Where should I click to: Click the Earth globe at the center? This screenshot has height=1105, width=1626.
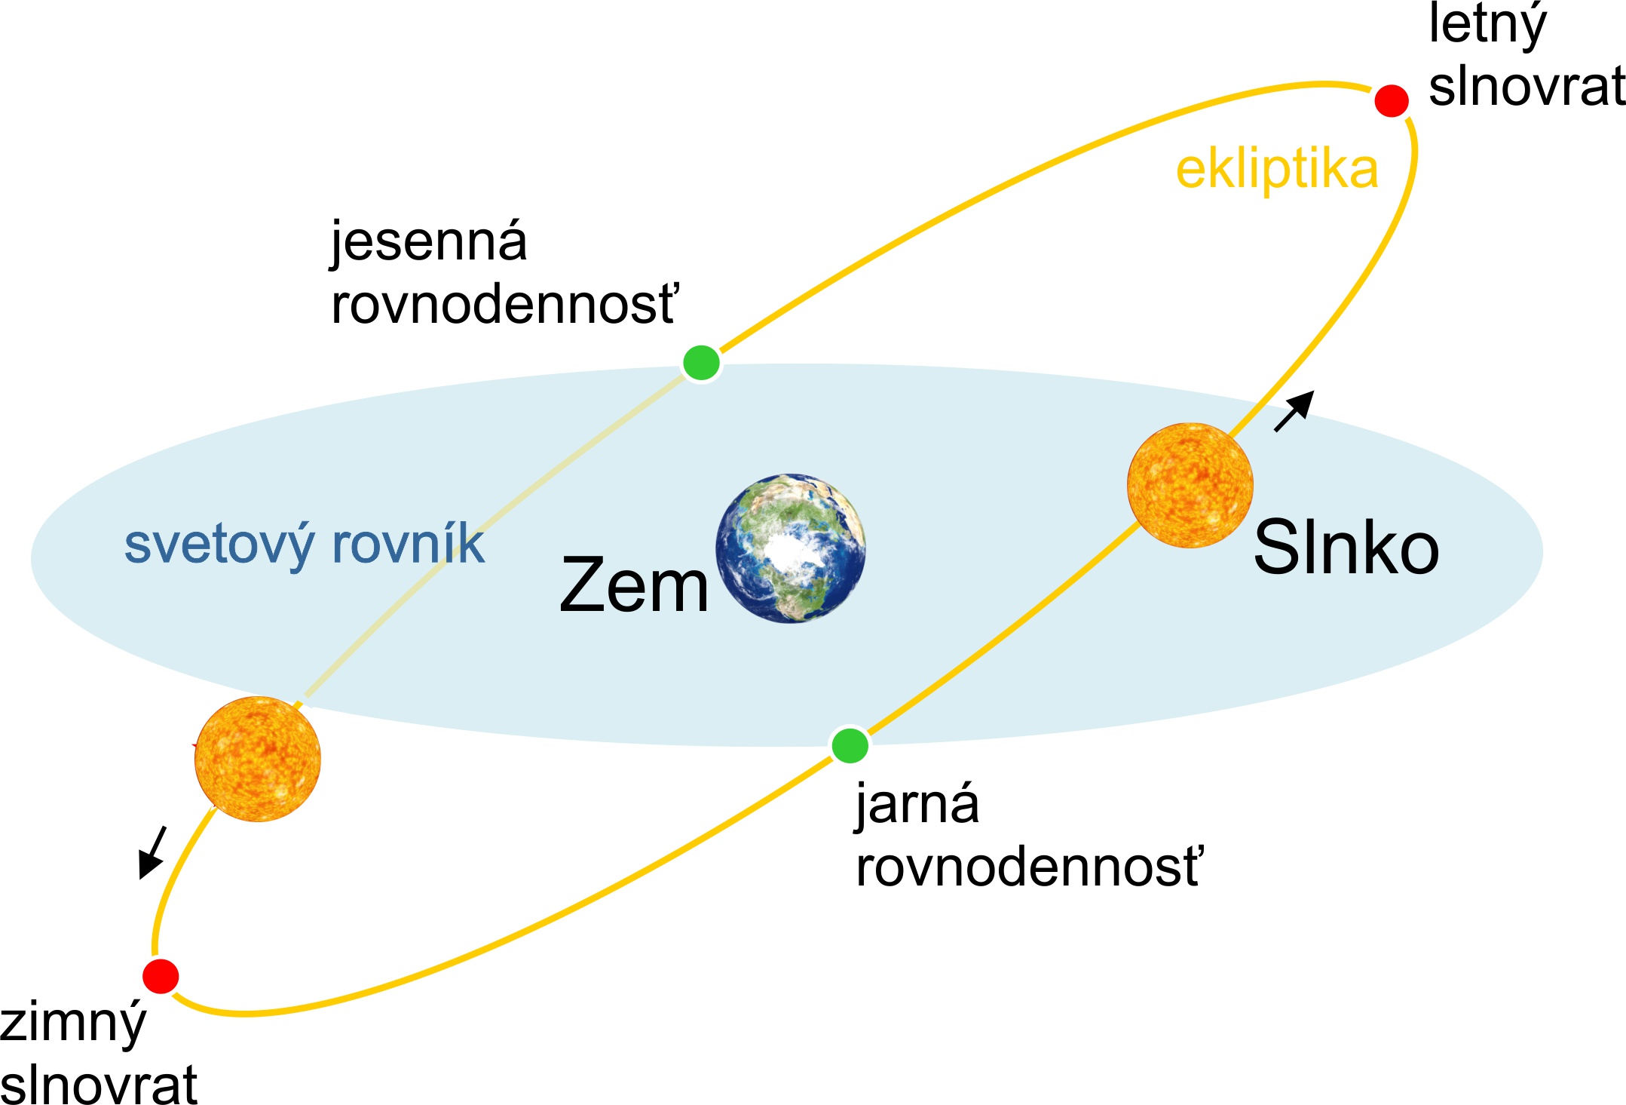pos(790,548)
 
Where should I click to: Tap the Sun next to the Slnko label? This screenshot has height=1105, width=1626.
pos(1190,485)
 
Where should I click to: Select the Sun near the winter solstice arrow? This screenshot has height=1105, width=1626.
pos(258,758)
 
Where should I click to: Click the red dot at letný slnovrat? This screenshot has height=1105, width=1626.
pos(1391,100)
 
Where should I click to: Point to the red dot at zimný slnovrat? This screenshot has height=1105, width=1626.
pos(161,976)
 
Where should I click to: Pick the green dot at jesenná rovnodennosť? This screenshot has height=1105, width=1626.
pos(701,363)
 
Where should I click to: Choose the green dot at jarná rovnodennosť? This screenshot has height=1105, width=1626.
pos(850,745)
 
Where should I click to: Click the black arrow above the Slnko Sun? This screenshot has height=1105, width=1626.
pos(1294,410)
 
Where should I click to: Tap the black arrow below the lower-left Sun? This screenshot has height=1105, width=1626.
pos(152,852)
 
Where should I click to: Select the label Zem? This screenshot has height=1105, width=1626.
pos(634,585)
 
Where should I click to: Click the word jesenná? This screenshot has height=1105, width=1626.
pos(429,242)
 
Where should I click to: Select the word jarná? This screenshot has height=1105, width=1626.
pos(917,804)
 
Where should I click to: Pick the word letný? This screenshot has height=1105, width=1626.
pos(1487,26)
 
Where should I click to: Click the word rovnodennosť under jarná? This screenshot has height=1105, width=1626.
pos(1029,867)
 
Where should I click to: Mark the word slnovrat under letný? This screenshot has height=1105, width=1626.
pos(1526,86)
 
